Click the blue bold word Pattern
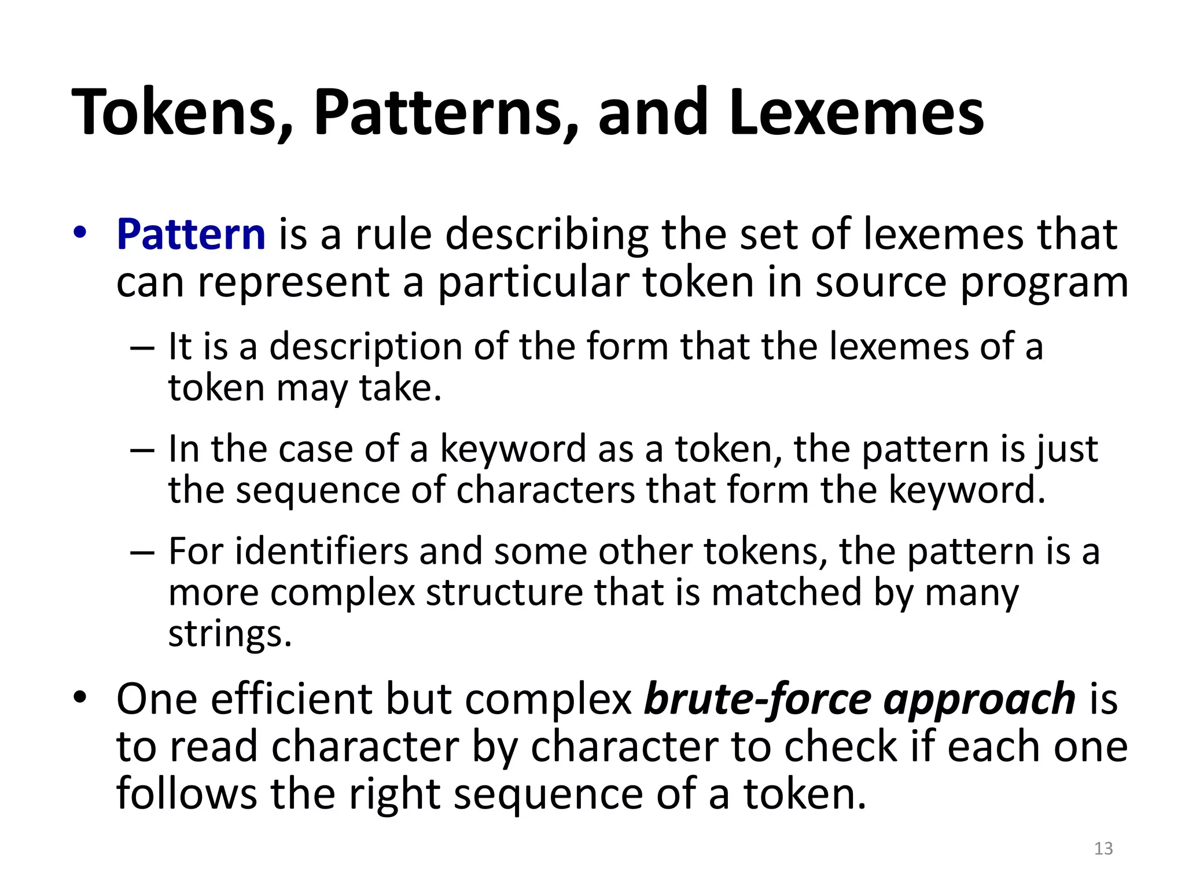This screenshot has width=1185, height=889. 191,234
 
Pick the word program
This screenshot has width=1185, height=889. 1044,284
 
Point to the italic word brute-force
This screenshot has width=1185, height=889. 758,700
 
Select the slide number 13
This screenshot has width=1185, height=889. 1103,848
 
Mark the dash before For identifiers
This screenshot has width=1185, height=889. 142,552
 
